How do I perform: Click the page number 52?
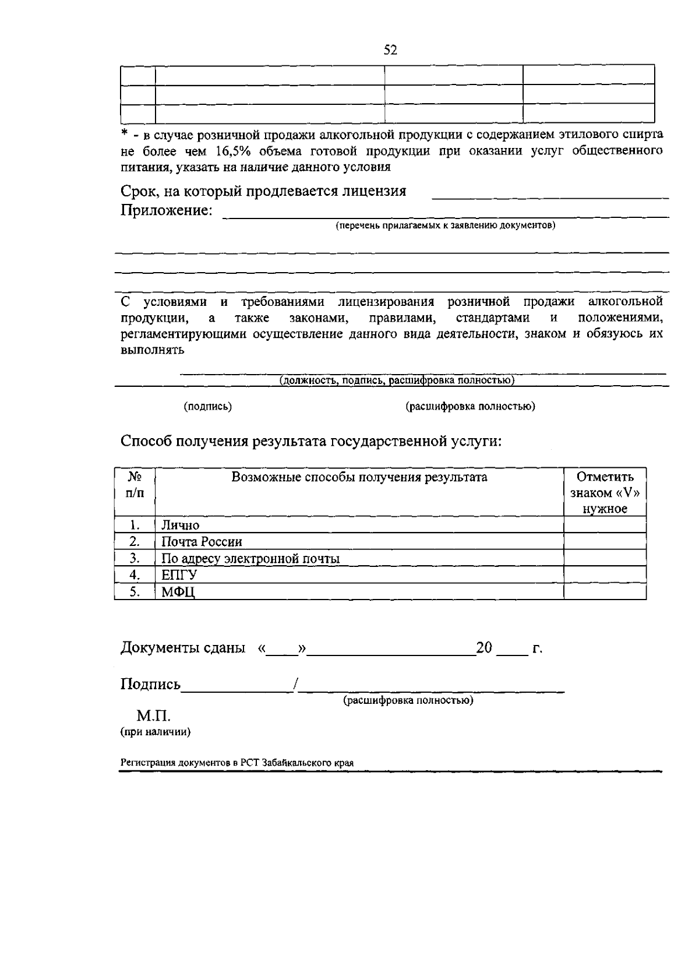click(x=390, y=51)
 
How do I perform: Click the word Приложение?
click(x=166, y=210)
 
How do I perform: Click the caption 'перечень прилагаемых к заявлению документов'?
click(x=445, y=225)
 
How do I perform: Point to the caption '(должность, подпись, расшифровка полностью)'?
click(x=397, y=380)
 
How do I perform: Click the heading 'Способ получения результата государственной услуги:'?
click(x=311, y=441)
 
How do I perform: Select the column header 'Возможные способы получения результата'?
click(x=359, y=477)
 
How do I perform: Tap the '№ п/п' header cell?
click(x=135, y=484)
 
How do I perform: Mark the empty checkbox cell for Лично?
click(x=605, y=525)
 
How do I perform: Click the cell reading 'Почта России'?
click(x=202, y=542)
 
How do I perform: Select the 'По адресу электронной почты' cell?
click(x=250, y=559)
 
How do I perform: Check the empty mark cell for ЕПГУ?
click(x=605, y=575)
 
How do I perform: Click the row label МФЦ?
click(x=178, y=593)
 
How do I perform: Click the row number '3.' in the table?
click(x=135, y=558)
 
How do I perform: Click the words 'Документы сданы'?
click(x=182, y=648)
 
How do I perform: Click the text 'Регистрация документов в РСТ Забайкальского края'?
click(x=237, y=763)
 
